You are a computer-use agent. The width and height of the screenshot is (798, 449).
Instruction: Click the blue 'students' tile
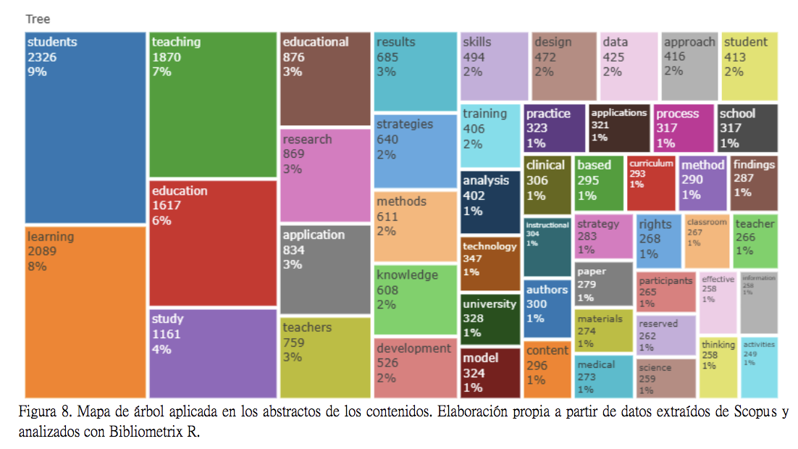pos(85,127)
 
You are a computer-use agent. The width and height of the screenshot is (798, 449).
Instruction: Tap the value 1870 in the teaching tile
pos(167,57)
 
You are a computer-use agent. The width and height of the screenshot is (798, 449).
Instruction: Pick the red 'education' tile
pos(213,243)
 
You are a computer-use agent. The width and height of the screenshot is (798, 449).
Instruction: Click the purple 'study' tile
pos(213,353)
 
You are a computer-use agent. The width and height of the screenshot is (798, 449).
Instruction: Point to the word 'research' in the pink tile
pos(307,139)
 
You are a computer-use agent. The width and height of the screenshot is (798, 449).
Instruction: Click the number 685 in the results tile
pos(387,57)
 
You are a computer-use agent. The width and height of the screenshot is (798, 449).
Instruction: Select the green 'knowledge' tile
pos(416,299)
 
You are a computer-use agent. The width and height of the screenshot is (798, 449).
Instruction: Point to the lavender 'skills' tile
pos(494,66)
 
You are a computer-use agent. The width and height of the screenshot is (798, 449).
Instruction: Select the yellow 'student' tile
pos(749,66)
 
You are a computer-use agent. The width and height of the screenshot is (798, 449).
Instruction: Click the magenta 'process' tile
pos(684,128)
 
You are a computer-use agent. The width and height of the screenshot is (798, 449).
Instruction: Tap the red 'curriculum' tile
pos(651,183)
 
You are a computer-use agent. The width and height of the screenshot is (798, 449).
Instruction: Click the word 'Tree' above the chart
pos(38,20)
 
